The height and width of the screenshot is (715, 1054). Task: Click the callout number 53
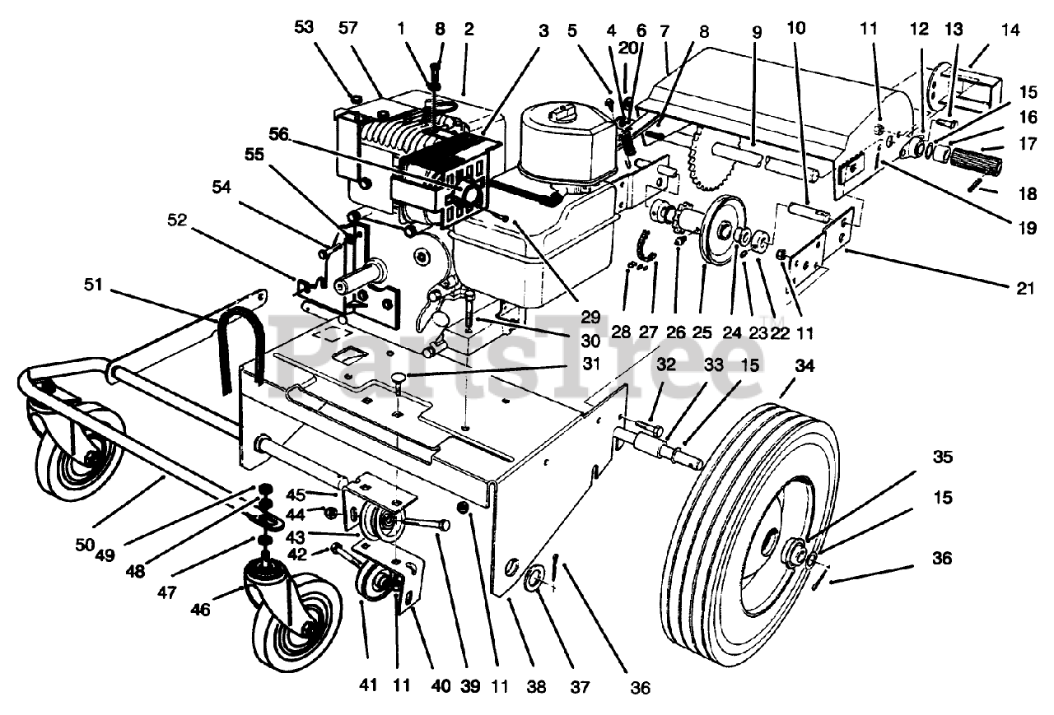304,28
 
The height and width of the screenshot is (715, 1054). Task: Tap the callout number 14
1010,30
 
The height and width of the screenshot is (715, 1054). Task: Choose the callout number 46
200,610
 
